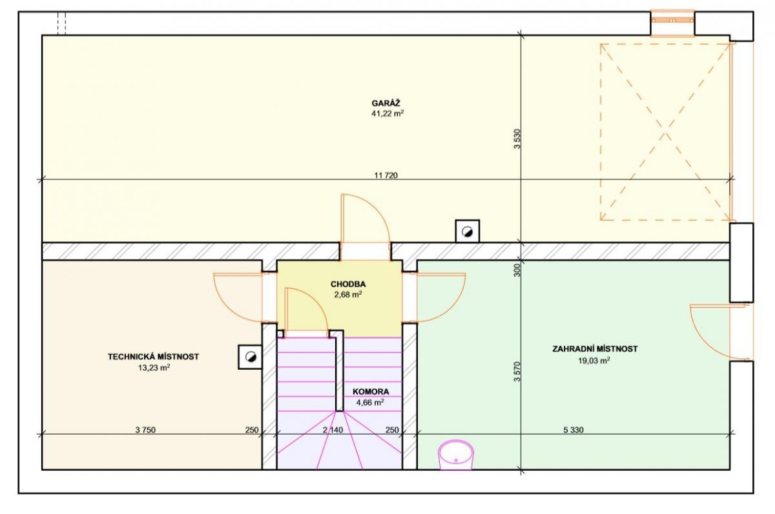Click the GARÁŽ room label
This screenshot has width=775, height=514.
click(386, 103)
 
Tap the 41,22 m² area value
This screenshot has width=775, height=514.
click(387, 114)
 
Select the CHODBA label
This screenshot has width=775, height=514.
click(348, 284)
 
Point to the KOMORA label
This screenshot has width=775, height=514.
click(371, 392)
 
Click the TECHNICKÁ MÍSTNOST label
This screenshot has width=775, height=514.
click(153, 356)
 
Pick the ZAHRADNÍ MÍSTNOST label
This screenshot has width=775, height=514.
click(595, 348)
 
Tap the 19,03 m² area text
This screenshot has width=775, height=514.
click(594, 361)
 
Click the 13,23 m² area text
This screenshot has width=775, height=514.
click(154, 368)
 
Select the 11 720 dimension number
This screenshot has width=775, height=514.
click(386, 176)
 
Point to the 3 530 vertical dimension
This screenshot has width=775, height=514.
click(517, 139)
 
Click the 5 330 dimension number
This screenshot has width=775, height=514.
click(573, 430)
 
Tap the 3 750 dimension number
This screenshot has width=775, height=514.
click(145, 430)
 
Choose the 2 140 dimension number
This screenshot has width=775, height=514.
click(333, 430)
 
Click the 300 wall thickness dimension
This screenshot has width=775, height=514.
click(517, 270)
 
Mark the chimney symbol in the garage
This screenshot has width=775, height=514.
click(468, 231)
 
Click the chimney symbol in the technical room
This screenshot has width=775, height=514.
click(250, 357)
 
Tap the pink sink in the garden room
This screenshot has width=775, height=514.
click(456, 455)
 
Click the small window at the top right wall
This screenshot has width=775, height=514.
click(672, 23)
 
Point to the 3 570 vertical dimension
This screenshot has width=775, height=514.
click(517, 372)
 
